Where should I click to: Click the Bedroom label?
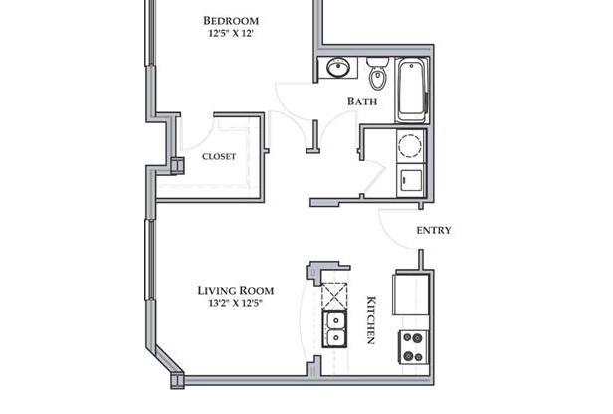(x=231, y=20)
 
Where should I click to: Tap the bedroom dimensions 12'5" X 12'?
(x=231, y=33)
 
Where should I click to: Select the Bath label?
(x=362, y=102)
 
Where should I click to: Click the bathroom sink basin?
(x=337, y=68)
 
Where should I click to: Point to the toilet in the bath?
(x=377, y=74)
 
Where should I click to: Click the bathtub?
(x=412, y=90)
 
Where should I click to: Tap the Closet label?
(x=219, y=157)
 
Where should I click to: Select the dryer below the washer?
(x=410, y=180)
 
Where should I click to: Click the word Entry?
(x=434, y=230)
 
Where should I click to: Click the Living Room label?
(x=235, y=290)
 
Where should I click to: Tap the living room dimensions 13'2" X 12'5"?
(x=235, y=303)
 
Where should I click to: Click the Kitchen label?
(x=371, y=319)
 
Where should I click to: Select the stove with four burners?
(x=414, y=347)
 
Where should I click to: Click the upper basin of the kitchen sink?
(x=334, y=321)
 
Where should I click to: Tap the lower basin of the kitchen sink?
(x=334, y=338)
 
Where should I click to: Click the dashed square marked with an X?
(x=334, y=297)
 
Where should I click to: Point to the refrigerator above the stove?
(x=411, y=294)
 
